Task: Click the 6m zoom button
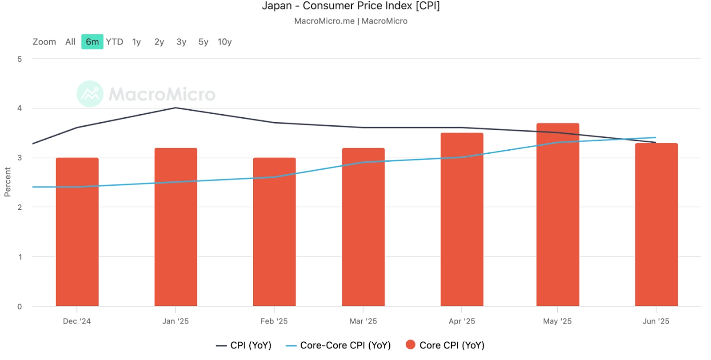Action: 92,42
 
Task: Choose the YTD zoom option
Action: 114,42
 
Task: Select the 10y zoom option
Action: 224,42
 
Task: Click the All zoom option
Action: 70,42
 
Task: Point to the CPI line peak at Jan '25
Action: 176,108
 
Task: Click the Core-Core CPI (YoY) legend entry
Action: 339,345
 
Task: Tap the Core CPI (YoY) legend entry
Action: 445,345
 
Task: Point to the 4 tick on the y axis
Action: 20,108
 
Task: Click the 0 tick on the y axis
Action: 20,306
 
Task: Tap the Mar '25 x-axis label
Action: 363,321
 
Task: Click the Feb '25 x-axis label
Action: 274,321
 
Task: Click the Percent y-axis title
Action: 8,182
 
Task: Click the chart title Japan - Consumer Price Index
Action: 351,6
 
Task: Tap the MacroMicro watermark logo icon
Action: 90,94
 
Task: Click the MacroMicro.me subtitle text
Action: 324,21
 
